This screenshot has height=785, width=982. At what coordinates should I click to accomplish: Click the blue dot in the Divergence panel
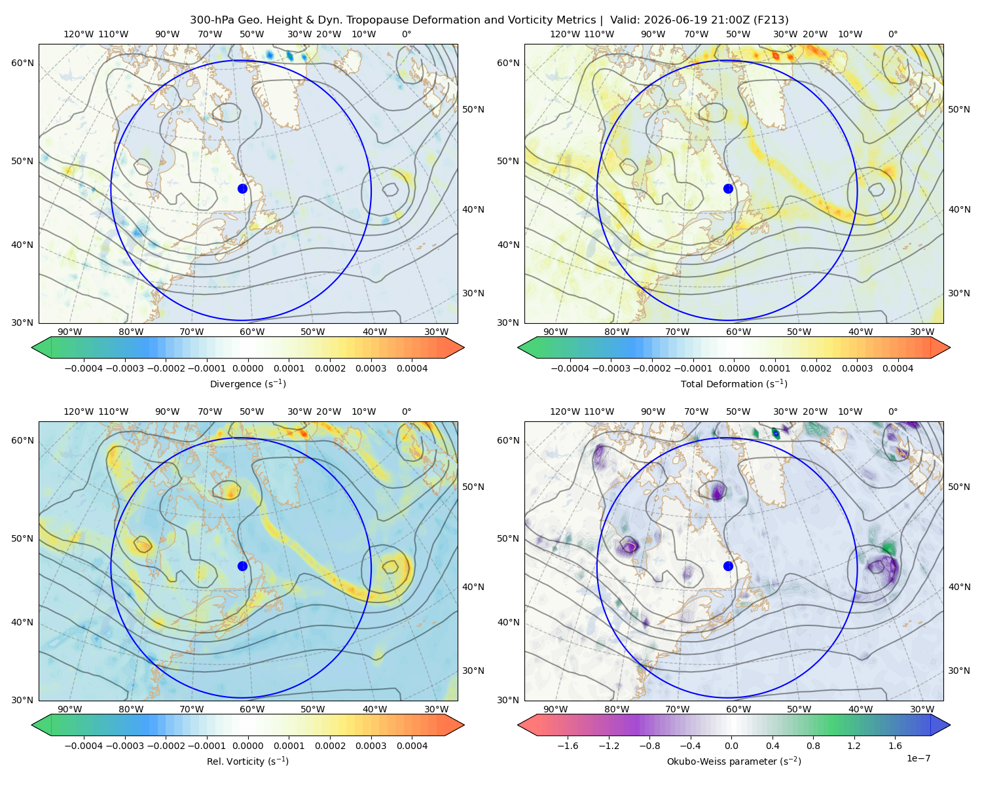pyautogui.click(x=242, y=188)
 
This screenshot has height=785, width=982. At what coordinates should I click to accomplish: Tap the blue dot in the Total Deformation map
pyautogui.click(x=728, y=188)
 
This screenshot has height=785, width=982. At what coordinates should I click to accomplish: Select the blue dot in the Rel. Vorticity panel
pyautogui.click(x=242, y=566)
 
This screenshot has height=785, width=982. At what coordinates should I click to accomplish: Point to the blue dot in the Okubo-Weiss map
pyautogui.click(x=728, y=566)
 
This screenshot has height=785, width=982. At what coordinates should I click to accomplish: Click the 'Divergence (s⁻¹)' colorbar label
pyautogui.click(x=247, y=383)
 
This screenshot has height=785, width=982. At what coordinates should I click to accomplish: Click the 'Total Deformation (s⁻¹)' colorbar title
pyautogui.click(x=734, y=383)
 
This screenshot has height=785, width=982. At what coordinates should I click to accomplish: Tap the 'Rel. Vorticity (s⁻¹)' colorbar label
pyautogui.click(x=247, y=761)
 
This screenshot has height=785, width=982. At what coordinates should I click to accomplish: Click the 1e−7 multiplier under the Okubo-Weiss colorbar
pyautogui.click(x=918, y=758)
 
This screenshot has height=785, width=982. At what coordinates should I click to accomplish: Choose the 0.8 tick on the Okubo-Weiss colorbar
pyautogui.click(x=813, y=745)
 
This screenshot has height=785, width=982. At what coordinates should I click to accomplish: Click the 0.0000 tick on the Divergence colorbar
pyautogui.click(x=247, y=368)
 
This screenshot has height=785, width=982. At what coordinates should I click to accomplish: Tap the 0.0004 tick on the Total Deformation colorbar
pyautogui.click(x=898, y=368)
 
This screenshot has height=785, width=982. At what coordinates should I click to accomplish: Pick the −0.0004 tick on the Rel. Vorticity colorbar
pyautogui.click(x=84, y=745)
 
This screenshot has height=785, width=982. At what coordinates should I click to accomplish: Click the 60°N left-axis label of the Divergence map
pyautogui.click(x=23, y=63)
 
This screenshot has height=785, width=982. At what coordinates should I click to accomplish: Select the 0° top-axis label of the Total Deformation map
pyautogui.click(x=892, y=34)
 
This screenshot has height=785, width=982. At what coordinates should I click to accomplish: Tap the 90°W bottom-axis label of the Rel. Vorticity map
pyautogui.click(x=70, y=709)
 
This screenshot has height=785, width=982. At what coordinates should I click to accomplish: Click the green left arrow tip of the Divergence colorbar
pyautogui.click(x=33, y=347)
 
